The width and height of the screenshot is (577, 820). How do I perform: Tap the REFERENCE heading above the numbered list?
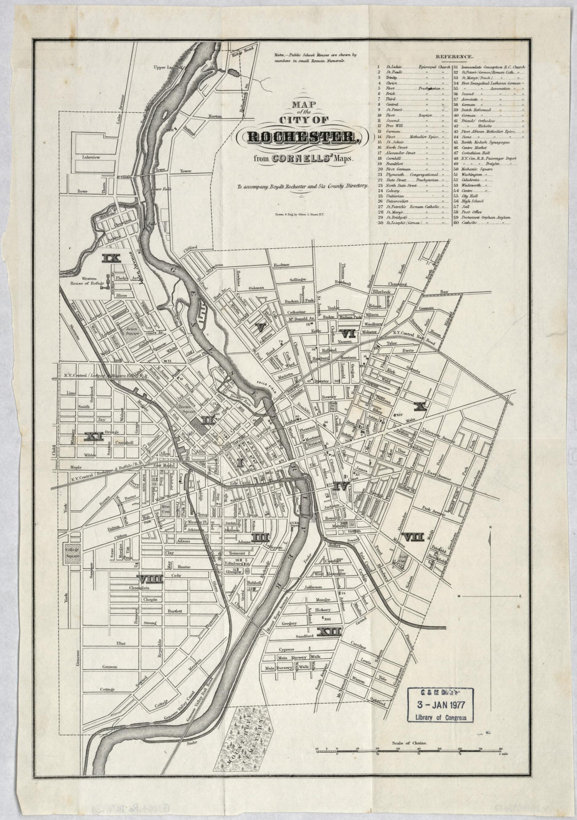point(454,56)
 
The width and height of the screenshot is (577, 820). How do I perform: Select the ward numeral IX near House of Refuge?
point(112,258)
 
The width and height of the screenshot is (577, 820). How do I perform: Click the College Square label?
point(72,552)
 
